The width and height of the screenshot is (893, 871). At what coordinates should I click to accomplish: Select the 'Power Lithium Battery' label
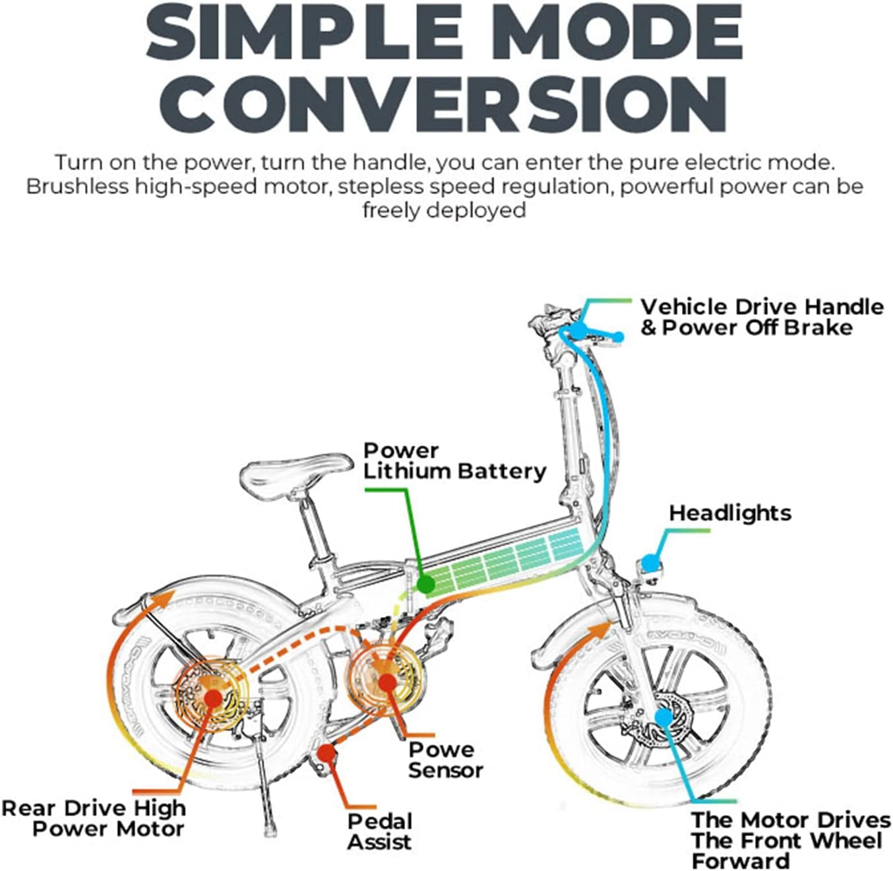coord(454,461)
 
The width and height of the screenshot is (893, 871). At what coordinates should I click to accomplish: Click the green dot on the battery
coord(425,584)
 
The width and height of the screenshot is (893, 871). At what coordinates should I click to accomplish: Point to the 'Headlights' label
coord(730,513)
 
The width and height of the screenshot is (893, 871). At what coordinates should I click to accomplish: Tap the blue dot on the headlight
coord(650,564)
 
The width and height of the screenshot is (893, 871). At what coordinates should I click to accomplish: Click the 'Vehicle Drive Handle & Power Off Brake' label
coord(762,317)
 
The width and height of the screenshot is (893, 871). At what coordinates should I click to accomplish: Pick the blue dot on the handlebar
coord(578,329)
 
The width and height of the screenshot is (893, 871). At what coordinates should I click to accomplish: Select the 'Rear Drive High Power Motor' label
coord(94,818)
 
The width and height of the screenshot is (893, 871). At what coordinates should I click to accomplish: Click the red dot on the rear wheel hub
coord(212,698)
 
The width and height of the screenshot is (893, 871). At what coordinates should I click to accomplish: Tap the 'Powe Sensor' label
coord(445,759)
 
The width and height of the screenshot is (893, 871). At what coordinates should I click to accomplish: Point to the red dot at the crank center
coord(386,682)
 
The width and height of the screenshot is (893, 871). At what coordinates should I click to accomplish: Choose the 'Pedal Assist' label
coord(380,831)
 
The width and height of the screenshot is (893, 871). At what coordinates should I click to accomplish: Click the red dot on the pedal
coord(325,752)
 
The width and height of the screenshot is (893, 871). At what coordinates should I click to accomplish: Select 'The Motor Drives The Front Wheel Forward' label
coord(790,840)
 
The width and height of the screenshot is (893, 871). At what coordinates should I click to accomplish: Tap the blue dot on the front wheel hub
coord(663,716)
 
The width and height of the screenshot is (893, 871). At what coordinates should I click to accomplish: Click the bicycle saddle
coord(295,469)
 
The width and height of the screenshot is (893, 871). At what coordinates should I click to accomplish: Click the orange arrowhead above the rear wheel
coord(165,599)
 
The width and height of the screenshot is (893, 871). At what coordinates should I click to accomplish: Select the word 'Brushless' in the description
coord(77,187)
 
